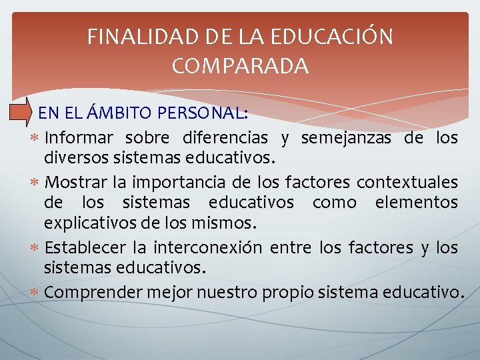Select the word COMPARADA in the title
[240, 66]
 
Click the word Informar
[79, 138]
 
